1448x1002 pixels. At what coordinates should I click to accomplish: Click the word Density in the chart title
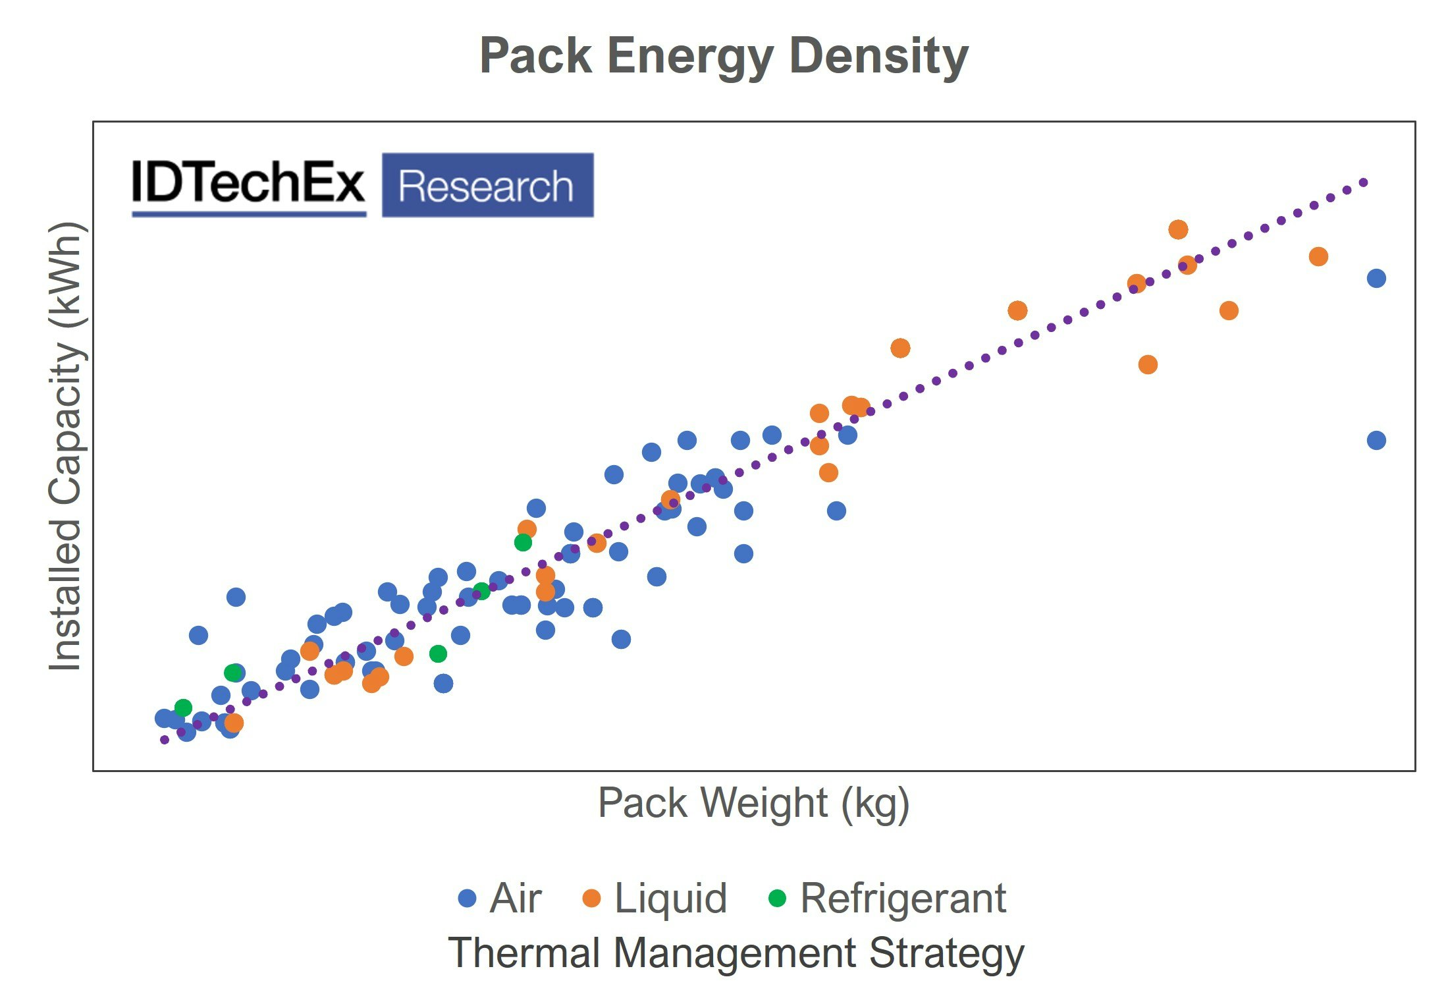878,57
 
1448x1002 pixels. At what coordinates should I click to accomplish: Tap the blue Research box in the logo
487,185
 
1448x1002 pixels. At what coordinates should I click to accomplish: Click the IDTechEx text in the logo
248,182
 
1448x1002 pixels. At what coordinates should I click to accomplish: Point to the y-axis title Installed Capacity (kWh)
66,446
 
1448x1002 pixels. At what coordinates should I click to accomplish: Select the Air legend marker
467,898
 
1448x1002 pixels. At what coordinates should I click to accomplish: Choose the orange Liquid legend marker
592,898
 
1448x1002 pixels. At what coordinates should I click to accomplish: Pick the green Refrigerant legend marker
778,898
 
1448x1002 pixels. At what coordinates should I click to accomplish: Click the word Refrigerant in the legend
903,898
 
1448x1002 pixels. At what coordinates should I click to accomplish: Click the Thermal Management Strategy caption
736,953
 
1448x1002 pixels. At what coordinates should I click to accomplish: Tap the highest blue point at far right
1376,278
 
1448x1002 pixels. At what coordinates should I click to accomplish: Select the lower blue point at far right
1376,440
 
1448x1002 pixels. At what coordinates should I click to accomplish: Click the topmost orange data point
1178,229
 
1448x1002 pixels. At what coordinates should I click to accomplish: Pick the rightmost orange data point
1318,256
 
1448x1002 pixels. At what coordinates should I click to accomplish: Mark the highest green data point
523,542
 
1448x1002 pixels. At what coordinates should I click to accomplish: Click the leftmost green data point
183,708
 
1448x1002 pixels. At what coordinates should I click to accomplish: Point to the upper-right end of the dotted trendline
1364,182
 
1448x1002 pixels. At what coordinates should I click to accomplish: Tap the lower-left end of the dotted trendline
165,740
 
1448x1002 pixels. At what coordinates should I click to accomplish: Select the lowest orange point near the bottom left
234,723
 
